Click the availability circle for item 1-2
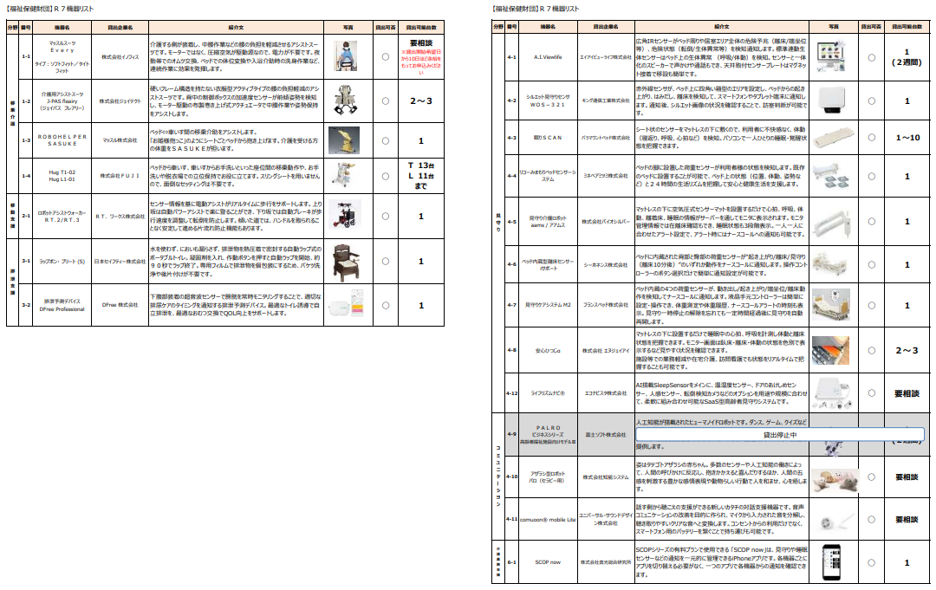[x=386, y=100]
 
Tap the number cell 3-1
[x=26, y=261]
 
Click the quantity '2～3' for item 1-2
[x=420, y=100]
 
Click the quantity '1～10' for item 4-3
[x=907, y=138]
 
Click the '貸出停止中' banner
[x=779, y=435]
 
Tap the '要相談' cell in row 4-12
[x=907, y=392]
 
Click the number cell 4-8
[x=511, y=350]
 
